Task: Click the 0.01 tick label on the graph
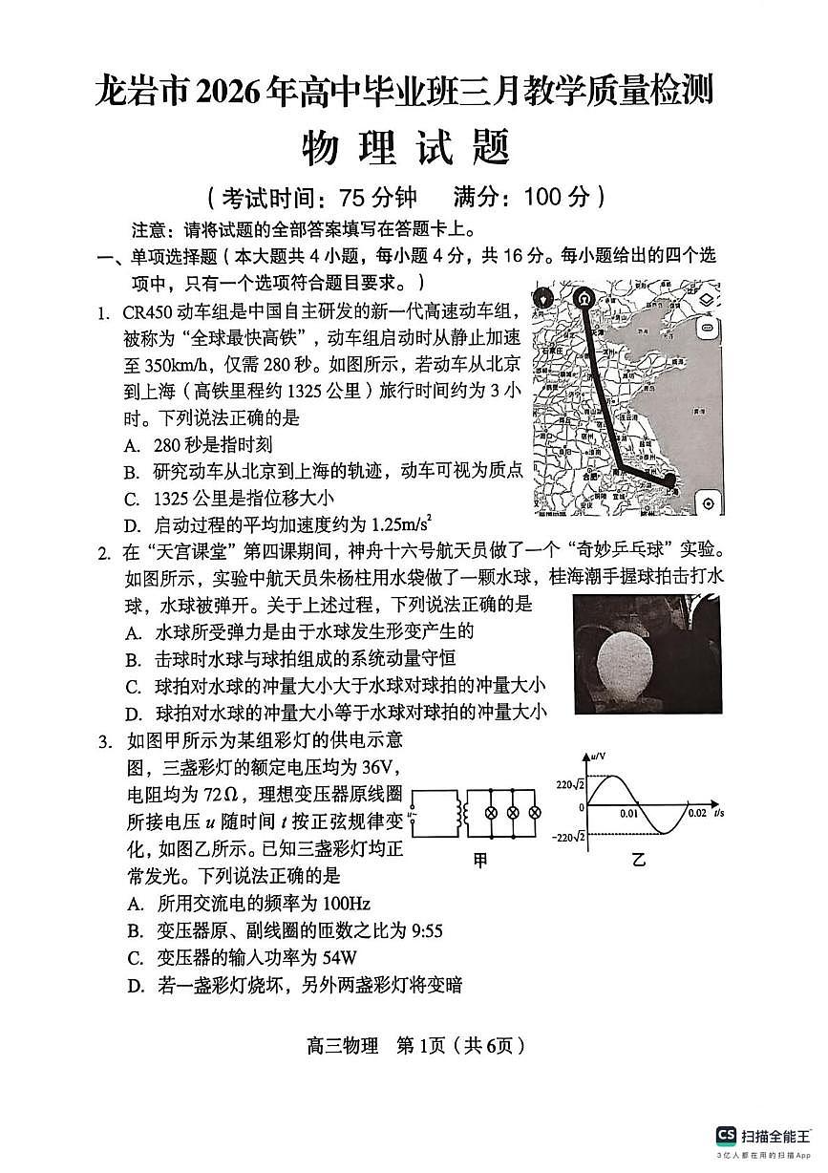(x=627, y=813)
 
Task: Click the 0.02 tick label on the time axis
(x=697, y=813)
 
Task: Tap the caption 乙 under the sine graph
(x=638, y=860)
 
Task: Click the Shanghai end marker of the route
(x=670, y=480)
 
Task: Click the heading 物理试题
(x=405, y=147)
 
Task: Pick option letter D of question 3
(x=136, y=986)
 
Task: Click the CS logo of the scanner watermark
(x=726, y=1134)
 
